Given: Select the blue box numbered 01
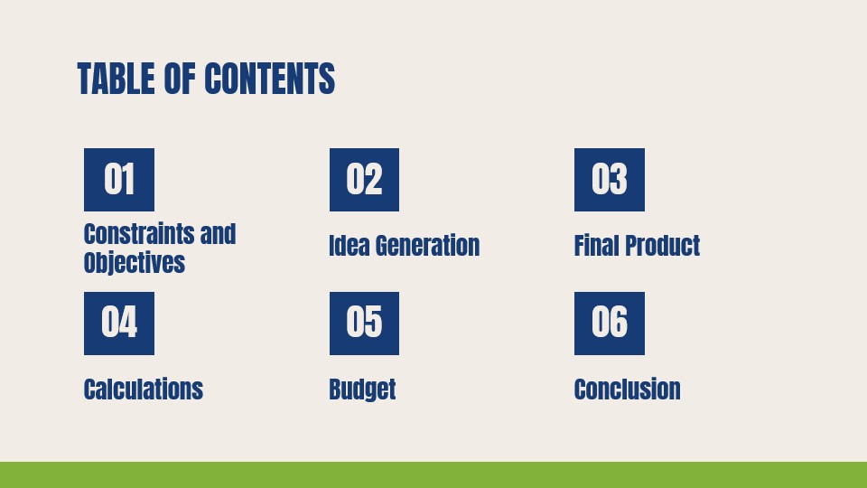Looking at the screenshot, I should pyautogui.click(x=119, y=180).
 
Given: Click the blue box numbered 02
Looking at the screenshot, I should pyautogui.click(x=364, y=180).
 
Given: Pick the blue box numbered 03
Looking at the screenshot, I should pyautogui.click(x=610, y=180).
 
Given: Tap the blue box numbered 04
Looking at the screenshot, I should pyautogui.click(x=119, y=323).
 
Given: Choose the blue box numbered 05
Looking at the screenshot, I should pyautogui.click(x=364, y=323).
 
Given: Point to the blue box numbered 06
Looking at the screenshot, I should pyautogui.click(x=610, y=323).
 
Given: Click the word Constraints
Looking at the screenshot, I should pyautogui.click(x=139, y=234).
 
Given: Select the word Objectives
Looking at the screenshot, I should pyautogui.click(x=134, y=263).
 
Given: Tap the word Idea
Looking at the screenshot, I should pyautogui.click(x=349, y=246).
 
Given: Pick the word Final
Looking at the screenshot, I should pyautogui.click(x=596, y=246).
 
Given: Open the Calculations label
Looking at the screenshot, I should pyautogui.click(x=143, y=389).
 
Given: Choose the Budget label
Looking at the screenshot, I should pyautogui.click(x=362, y=389).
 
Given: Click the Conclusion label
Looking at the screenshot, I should pyautogui.click(x=627, y=389).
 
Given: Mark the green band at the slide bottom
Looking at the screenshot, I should pyautogui.click(x=433, y=474).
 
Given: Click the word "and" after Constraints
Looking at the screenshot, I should pyautogui.click(x=218, y=234).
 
